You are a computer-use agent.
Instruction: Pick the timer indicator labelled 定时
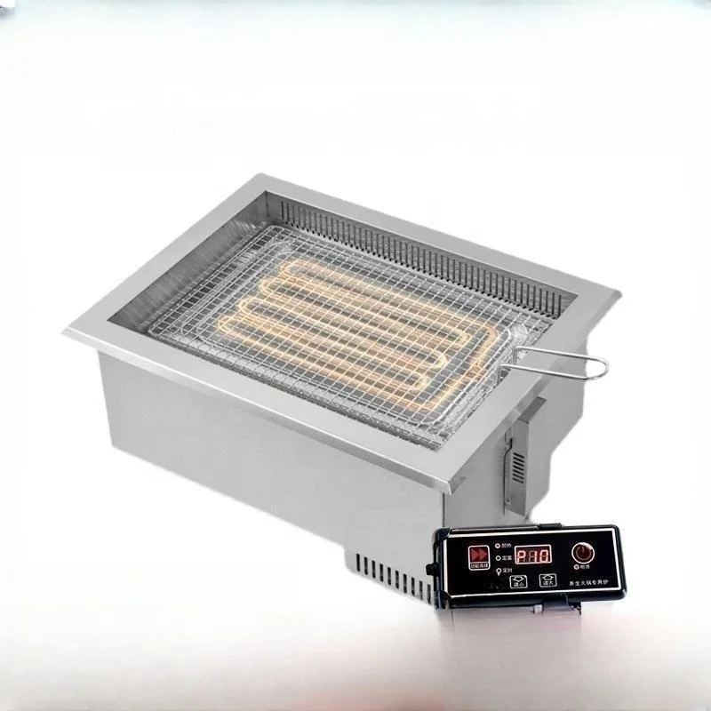coord(499,571)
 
